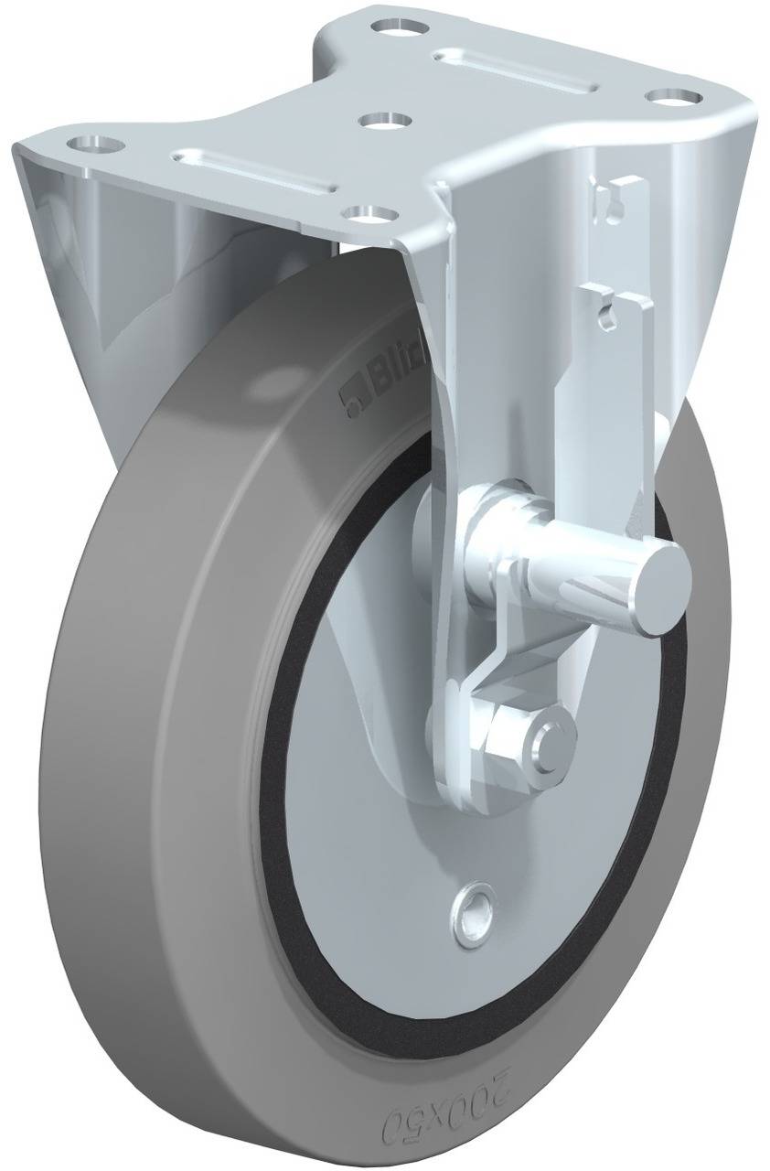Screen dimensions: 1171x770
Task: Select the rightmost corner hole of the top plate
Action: tap(674, 95)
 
